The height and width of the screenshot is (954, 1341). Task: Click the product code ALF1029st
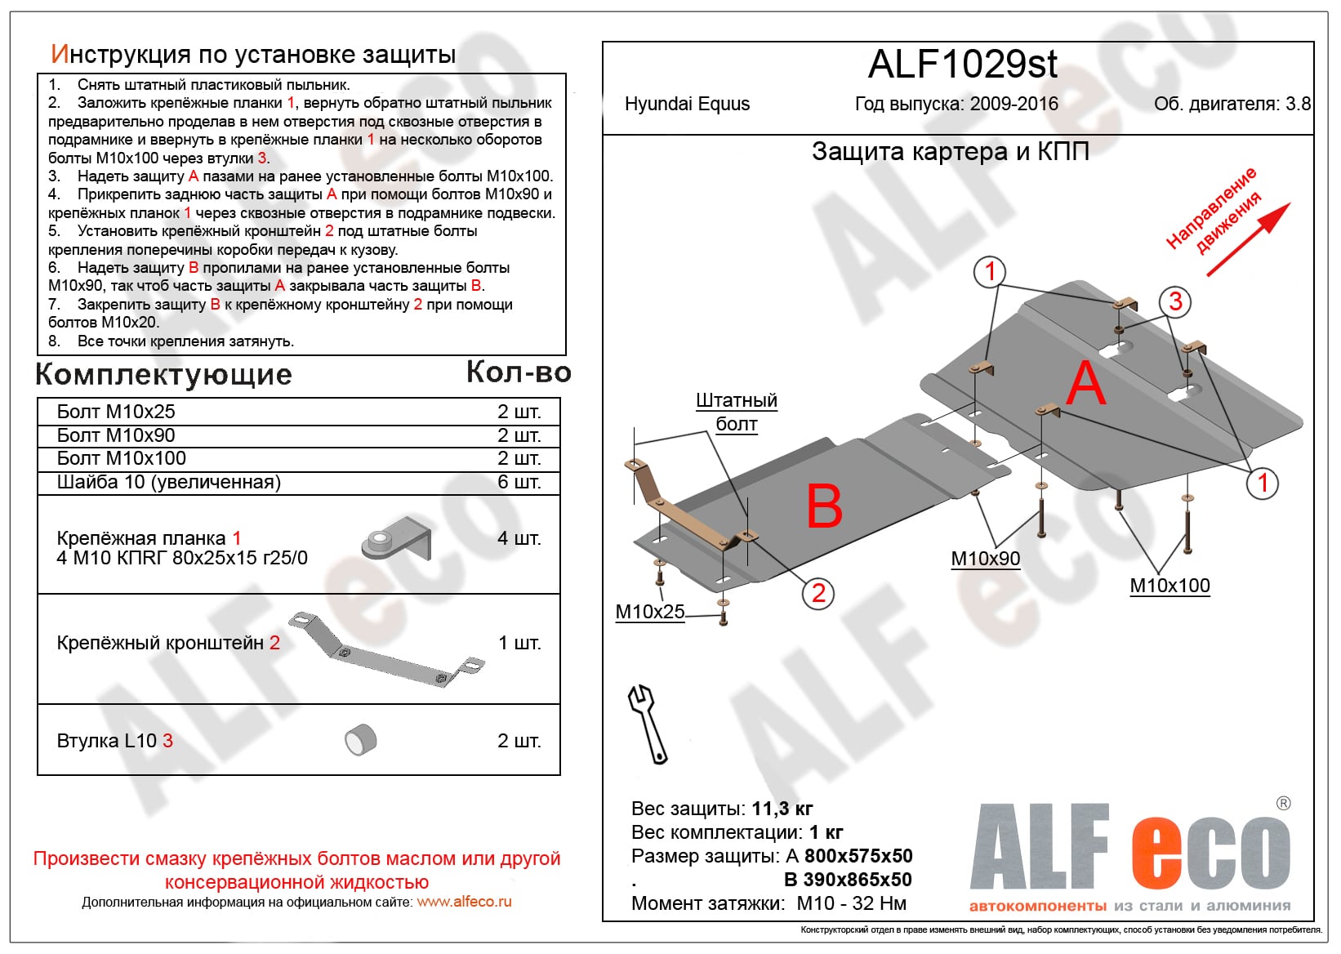tap(962, 65)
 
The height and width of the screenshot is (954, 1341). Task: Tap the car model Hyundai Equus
tap(687, 105)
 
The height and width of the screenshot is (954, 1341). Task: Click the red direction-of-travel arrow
tap(1248, 239)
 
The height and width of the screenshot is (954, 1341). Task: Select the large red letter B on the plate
tap(824, 506)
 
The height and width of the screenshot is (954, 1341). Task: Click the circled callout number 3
tap(1175, 301)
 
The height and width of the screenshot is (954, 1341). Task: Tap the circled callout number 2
tap(818, 592)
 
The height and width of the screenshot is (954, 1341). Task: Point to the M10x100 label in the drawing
tap(1169, 586)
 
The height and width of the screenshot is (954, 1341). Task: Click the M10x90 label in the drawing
tap(986, 559)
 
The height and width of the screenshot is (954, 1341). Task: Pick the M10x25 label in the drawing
tap(650, 612)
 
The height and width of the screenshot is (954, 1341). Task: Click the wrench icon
tap(647, 724)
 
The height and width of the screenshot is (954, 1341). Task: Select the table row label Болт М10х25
tap(116, 412)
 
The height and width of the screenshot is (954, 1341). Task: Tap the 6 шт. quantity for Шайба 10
tap(519, 482)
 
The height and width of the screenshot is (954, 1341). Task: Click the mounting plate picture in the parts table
tap(396, 539)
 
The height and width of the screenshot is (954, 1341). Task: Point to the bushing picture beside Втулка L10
tap(361, 740)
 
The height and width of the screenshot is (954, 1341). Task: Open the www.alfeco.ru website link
tap(464, 903)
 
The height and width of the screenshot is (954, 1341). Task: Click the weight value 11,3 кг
tap(782, 809)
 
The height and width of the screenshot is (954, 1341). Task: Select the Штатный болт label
tap(737, 412)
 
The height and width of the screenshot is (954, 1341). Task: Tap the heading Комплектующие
tap(164, 374)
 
